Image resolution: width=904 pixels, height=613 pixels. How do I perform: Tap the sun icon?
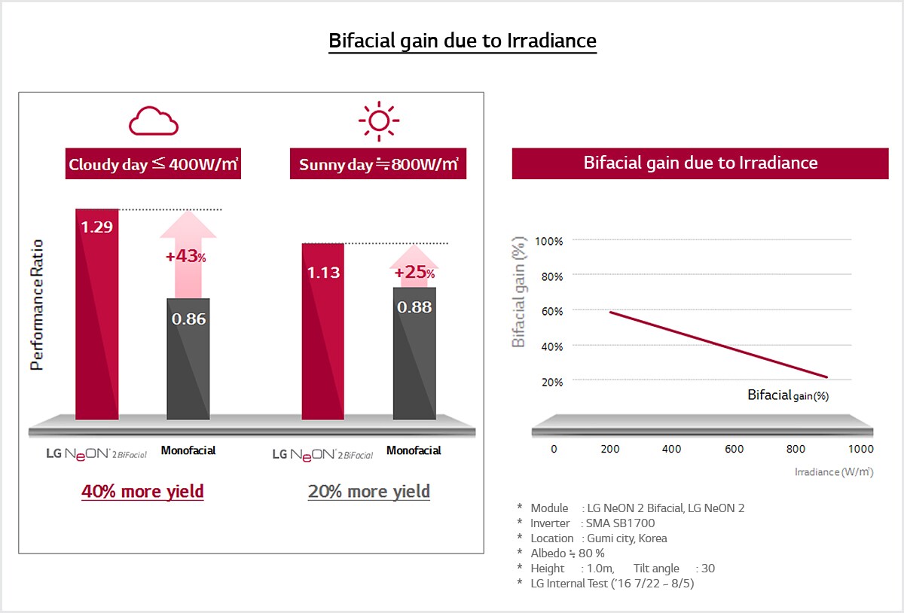(x=378, y=120)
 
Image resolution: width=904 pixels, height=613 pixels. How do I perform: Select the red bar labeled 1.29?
(x=97, y=314)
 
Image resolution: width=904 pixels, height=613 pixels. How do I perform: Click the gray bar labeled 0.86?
(x=188, y=358)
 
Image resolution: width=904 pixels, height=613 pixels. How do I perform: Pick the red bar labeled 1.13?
(x=323, y=331)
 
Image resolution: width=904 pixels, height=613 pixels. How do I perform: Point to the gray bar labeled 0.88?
(x=414, y=353)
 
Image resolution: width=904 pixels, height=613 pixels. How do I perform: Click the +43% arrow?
(x=188, y=255)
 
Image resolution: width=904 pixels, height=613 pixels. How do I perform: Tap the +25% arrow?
(x=414, y=267)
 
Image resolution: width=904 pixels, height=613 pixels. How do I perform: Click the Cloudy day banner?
(x=153, y=163)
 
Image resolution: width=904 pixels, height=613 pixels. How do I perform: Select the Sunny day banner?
(x=378, y=163)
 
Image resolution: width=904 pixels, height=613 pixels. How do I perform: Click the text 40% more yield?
(x=142, y=492)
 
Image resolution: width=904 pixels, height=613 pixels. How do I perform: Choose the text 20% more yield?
(x=369, y=492)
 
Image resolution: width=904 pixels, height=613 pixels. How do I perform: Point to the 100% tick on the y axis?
(x=548, y=241)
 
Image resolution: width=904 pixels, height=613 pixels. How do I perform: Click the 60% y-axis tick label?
(x=551, y=312)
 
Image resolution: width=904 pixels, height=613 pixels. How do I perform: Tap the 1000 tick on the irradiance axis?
(x=861, y=449)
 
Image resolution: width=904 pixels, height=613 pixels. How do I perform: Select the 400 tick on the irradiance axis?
(x=671, y=449)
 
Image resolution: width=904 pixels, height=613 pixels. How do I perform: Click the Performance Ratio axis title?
(x=37, y=305)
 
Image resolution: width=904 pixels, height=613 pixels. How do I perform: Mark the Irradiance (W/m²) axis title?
(x=834, y=471)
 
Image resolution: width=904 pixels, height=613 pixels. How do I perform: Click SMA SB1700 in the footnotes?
(x=620, y=523)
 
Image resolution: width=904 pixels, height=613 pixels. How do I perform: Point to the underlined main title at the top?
(x=463, y=41)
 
